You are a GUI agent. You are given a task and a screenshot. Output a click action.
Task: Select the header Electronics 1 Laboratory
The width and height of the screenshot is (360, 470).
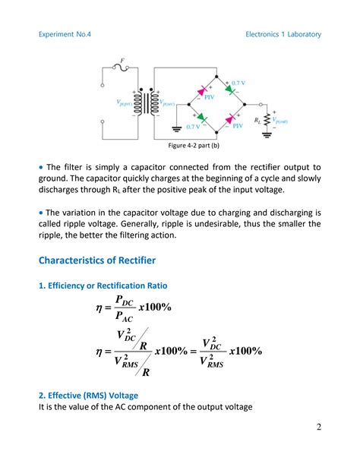[283, 34]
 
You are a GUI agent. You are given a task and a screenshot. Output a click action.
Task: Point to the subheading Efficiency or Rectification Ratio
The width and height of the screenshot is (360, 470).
[103, 285]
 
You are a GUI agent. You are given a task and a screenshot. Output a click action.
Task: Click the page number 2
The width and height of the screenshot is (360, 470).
[318, 426]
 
